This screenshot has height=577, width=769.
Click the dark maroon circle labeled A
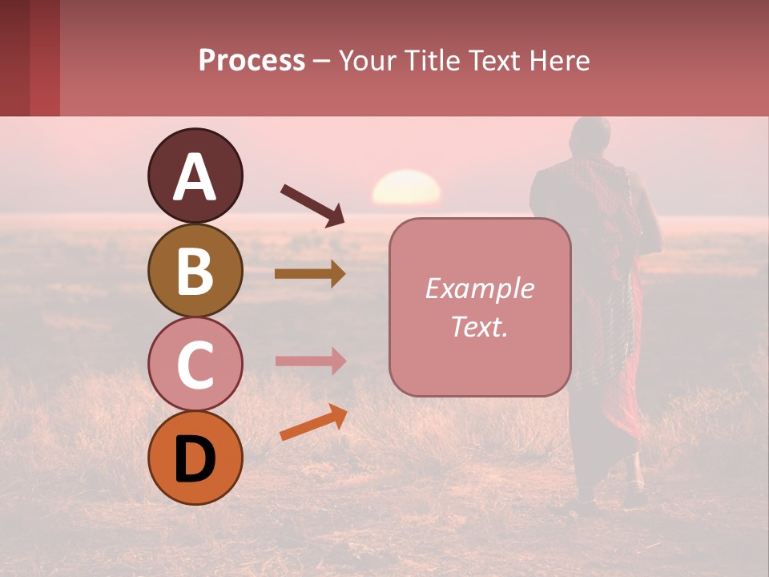195,176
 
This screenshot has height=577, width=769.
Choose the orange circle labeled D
195,458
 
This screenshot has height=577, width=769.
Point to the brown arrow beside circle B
310,274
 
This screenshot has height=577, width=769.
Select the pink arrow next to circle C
310,361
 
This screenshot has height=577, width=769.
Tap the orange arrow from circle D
313,422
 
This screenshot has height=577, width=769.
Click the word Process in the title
252,60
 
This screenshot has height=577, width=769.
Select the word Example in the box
479,288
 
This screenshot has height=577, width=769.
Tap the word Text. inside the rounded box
479,327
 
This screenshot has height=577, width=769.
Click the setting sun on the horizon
406,189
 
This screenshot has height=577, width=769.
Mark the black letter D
195,459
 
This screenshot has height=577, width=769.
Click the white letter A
195,177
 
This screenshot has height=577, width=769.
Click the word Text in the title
494,60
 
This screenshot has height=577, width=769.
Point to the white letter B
195,271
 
